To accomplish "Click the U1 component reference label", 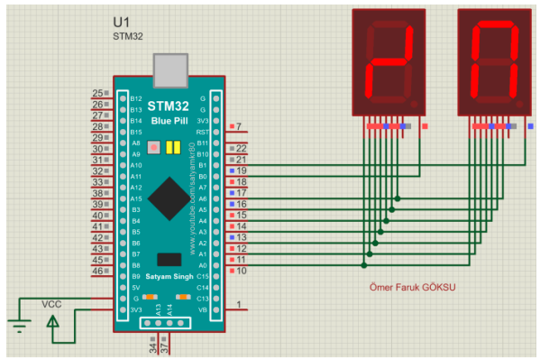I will coord(122,22).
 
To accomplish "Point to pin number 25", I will coord(98,93).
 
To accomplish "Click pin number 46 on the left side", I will coord(98,271).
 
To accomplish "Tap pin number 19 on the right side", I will coord(242,171).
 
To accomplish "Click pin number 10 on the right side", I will coord(242,270).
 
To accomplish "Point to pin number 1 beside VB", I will coord(239,305).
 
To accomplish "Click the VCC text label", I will coord(52,304).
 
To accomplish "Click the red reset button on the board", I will coord(154,147).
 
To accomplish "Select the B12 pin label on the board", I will coord(136,97).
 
